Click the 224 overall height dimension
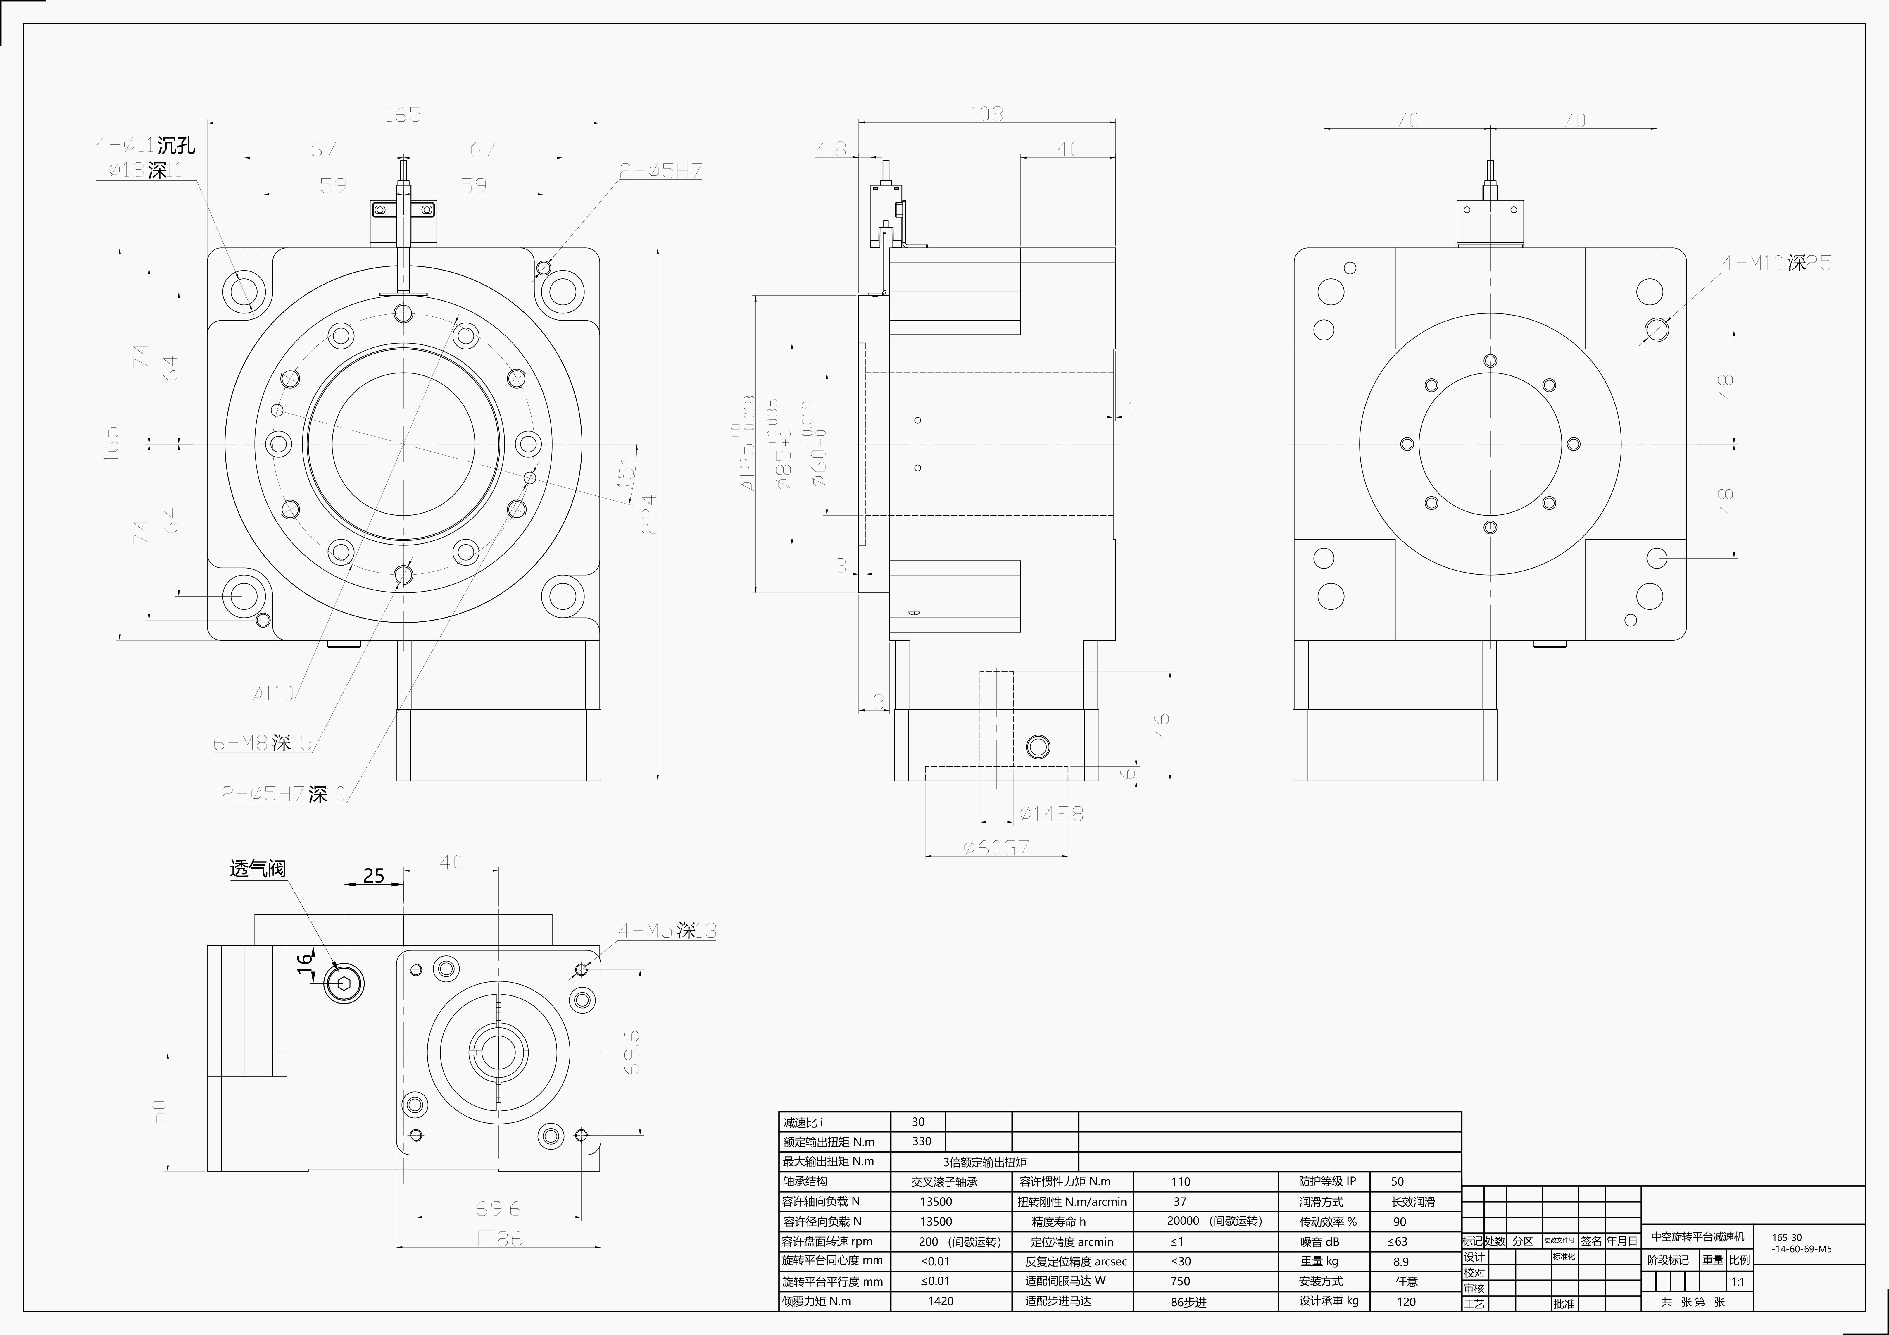[x=649, y=514]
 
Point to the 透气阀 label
[x=258, y=869]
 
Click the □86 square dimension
[x=499, y=1238]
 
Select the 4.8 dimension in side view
[x=831, y=149]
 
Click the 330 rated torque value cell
[x=922, y=1142]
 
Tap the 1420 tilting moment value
[x=940, y=1301]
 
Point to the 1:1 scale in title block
[x=1738, y=1281]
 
